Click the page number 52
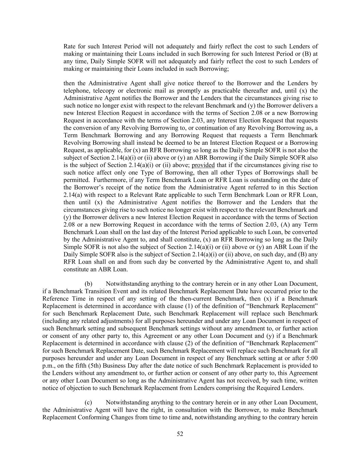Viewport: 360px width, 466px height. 180,434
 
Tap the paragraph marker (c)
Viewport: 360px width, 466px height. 88,402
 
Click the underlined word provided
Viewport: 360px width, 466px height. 203,165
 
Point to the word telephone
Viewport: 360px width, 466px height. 76,91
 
